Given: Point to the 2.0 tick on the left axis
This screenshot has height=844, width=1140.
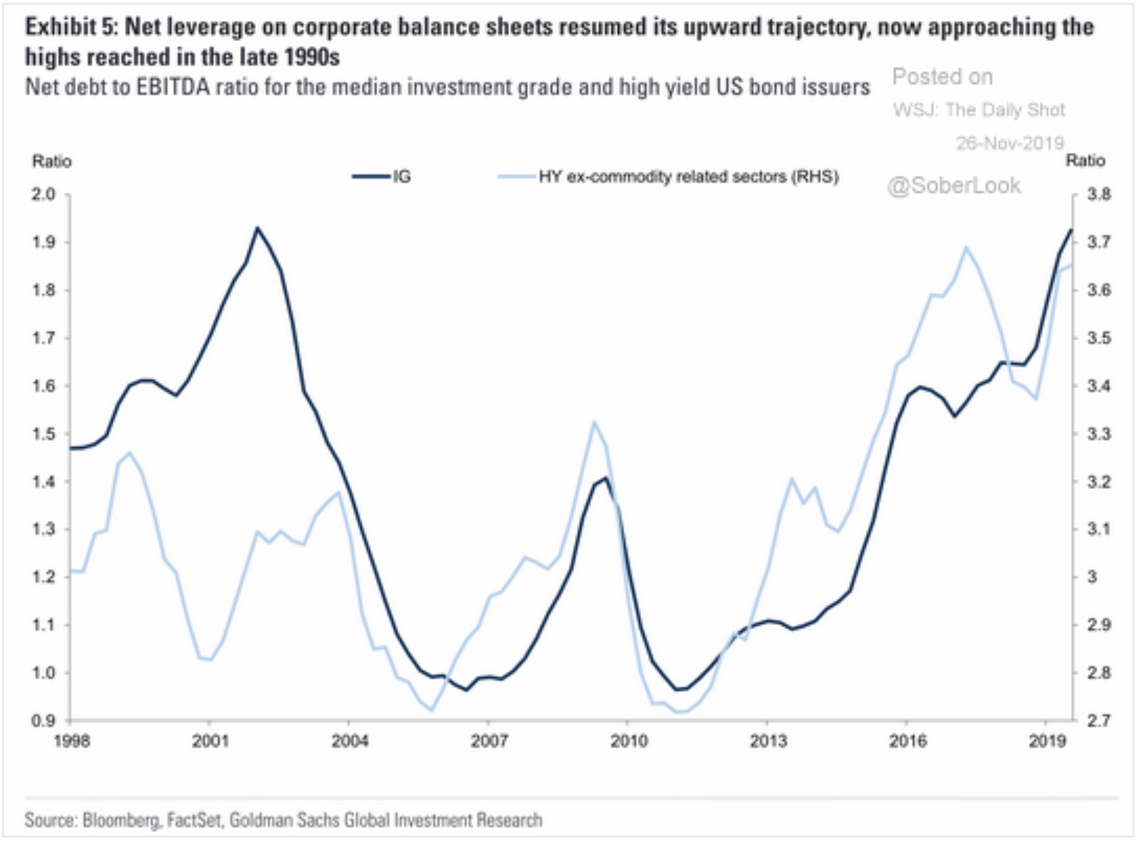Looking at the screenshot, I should pyautogui.click(x=43, y=194).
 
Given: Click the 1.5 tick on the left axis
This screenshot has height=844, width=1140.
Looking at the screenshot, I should pyautogui.click(x=43, y=434).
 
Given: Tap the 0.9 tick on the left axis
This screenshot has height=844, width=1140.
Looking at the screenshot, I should pyautogui.click(x=43, y=721).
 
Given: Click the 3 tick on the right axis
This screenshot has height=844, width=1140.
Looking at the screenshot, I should pyautogui.click(x=1093, y=577).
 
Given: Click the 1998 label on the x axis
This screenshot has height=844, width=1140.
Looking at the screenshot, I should pyautogui.click(x=71, y=741).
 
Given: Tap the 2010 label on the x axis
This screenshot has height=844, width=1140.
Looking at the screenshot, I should pyautogui.click(x=629, y=741).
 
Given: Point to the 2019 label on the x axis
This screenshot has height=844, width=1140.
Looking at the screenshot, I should pyautogui.click(x=1047, y=741).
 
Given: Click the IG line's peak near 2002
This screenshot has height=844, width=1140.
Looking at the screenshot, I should pyautogui.click(x=257, y=227).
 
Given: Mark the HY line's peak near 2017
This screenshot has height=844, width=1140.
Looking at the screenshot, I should pyautogui.click(x=966, y=246).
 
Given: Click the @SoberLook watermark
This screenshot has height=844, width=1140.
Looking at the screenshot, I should pyautogui.click(x=954, y=186).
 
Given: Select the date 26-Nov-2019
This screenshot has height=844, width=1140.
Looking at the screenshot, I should pyautogui.click(x=1010, y=143).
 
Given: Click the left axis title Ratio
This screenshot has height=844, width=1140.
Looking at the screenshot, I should pyautogui.click(x=52, y=161).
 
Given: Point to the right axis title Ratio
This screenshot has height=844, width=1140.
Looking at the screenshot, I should pyautogui.click(x=1085, y=160).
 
